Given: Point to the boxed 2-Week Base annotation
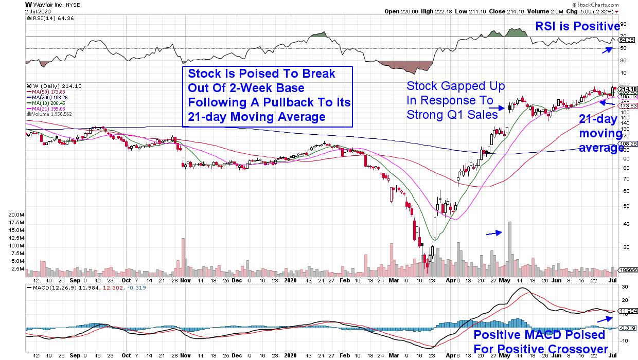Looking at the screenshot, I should (268, 96).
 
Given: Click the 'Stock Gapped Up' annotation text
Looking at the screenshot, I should (455, 100).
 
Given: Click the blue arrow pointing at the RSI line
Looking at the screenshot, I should (608, 49).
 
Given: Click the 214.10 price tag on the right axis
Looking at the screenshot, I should (629, 88).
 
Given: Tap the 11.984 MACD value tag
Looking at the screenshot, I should (629, 311).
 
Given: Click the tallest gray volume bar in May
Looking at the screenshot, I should (509, 247).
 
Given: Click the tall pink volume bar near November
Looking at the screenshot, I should (183, 255).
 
